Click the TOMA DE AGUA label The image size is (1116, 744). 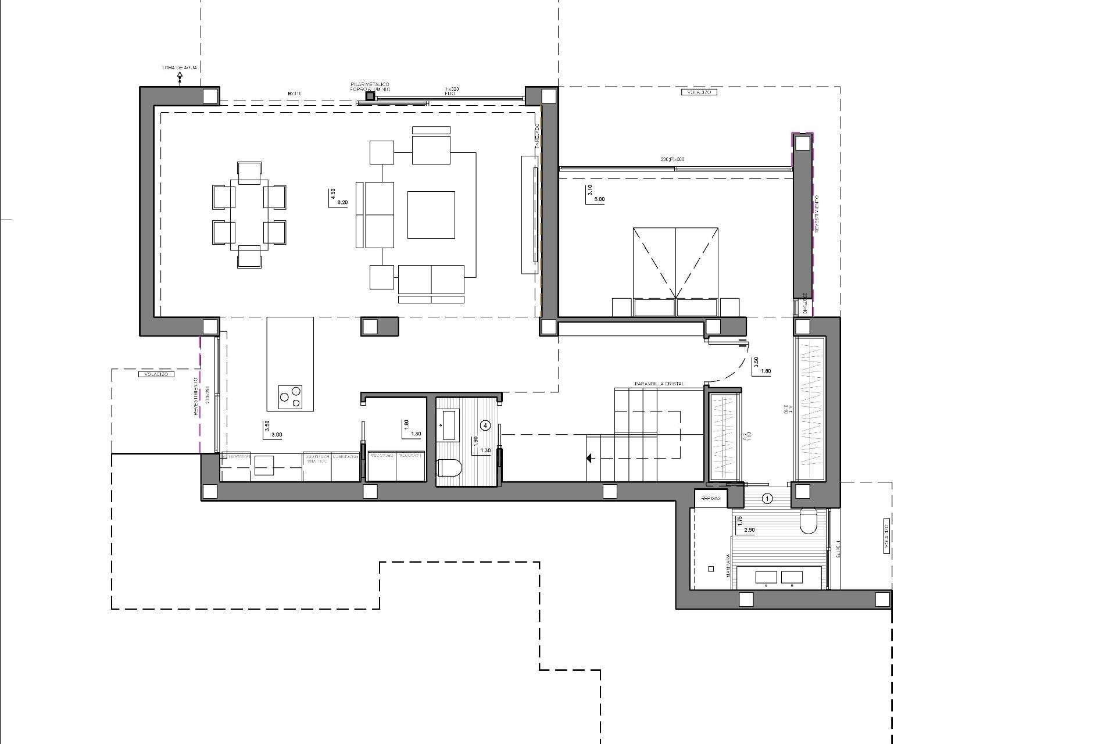click(179, 68)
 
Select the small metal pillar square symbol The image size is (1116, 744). click(370, 96)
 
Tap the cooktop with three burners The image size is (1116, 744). click(290, 396)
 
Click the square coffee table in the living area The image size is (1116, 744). click(431, 214)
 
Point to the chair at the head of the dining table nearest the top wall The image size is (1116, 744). click(249, 173)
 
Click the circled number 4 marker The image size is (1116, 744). click(486, 425)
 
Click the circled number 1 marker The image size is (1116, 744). click(767, 498)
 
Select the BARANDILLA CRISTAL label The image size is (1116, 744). click(659, 384)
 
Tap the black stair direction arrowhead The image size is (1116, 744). click(589, 459)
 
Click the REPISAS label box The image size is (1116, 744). click(711, 499)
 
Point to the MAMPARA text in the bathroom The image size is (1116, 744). click(728, 565)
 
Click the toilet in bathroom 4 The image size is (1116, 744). click(449, 467)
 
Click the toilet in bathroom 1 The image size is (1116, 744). click(809, 521)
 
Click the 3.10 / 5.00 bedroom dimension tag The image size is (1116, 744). click(595, 194)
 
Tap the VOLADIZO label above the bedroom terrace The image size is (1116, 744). click(698, 92)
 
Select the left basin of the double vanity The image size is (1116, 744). click(764, 577)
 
